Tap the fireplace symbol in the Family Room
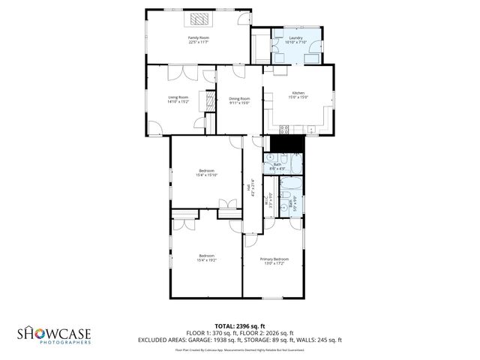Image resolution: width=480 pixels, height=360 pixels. pos(199,19)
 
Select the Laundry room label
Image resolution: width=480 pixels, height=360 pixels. pos(294,40)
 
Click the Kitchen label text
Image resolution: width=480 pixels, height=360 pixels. pos(298,94)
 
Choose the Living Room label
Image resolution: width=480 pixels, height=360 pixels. pos(178,99)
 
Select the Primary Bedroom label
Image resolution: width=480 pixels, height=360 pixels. pos(274,261)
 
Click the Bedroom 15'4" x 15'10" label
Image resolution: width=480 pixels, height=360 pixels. pos(205,172)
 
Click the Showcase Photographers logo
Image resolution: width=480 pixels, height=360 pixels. pos(55,334)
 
